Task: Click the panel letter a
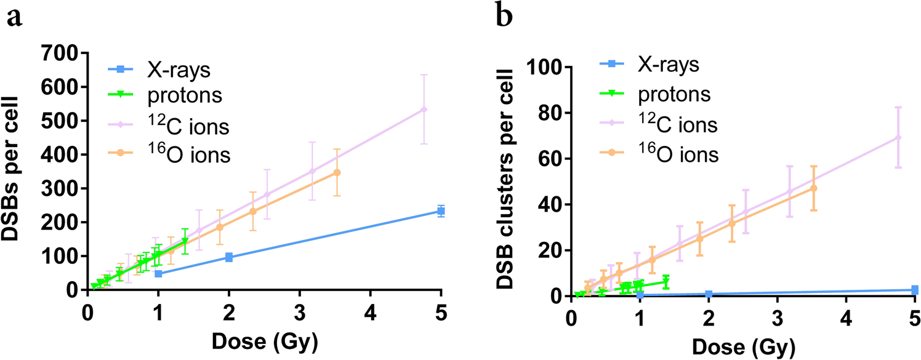(x=15, y=18)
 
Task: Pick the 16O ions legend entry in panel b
(x=678, y=154)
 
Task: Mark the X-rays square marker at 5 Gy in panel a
(x=441, y=211)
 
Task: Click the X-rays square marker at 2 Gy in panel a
(x=229, y=257)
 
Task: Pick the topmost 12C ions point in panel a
(x=424, y=110)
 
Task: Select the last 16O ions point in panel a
(x=336, y=173)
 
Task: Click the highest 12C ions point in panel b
(x=898, y=137)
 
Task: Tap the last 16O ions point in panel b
(x=814, y=188)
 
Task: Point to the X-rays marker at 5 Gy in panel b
(x=915, y=290)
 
